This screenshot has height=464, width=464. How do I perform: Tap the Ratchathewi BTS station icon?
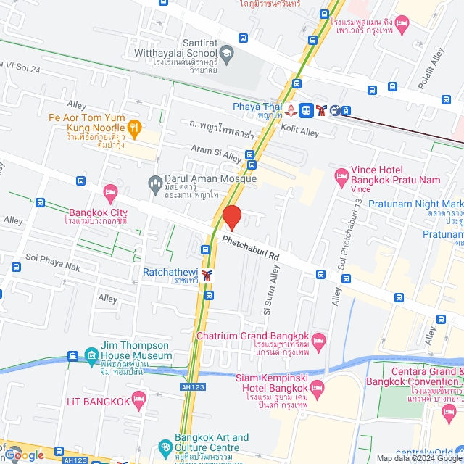208,275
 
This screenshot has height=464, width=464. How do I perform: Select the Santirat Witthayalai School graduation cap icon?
227,52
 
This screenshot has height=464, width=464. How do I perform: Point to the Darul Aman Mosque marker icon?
154,181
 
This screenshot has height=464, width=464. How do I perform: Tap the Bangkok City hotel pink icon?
109,193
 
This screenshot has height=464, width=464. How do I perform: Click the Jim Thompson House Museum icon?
91,355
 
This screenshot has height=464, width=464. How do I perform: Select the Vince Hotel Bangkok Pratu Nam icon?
341,175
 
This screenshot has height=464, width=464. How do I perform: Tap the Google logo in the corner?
23,455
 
